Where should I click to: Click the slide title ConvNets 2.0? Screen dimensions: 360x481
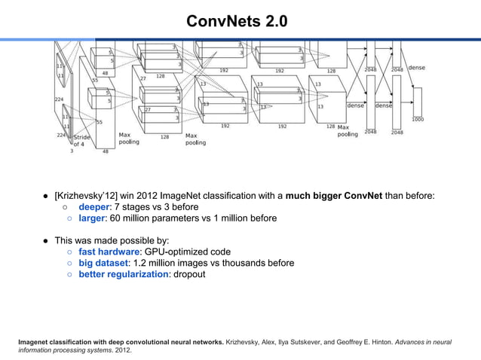(x=240, y=20)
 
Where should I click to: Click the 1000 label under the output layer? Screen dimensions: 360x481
(x=418, y=120)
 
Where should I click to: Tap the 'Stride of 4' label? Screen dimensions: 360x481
(x=81, y=141)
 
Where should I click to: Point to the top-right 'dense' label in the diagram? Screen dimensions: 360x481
(x=416, y=68)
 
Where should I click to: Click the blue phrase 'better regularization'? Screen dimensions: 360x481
(x=123, y=274)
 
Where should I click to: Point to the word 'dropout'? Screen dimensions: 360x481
(x=189, y=274)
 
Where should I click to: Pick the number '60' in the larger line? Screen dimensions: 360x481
(x=115, y=218)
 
